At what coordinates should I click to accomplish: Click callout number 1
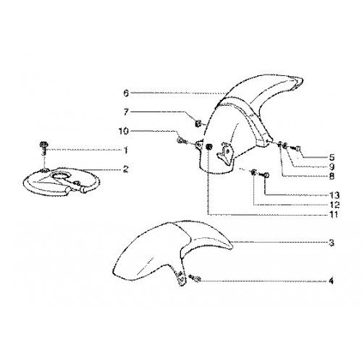point(125,151)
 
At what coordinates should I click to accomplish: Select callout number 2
point(125,169)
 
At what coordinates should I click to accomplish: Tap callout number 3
point(332,243)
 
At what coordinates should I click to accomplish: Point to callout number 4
point(332,281)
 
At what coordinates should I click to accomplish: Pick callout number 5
point(332,157)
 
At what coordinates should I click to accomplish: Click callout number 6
point(126,93)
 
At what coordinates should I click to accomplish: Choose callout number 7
point(126,112)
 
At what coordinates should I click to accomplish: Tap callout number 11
point(334,214)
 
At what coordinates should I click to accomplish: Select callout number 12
point(334,205)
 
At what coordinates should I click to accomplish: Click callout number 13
point(334,195)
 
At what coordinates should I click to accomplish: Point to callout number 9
point(332,167)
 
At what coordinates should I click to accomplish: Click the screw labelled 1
point(43,148)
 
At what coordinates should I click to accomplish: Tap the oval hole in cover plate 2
point(62,176)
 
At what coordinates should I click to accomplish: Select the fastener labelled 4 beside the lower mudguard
point(195,279)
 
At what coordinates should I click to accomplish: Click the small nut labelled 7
point(198,124)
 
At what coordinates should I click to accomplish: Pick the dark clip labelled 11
point(209,146)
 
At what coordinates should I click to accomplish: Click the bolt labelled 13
point(266,174)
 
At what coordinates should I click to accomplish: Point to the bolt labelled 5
point(297,148)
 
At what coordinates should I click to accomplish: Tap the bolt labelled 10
point(182,140)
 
